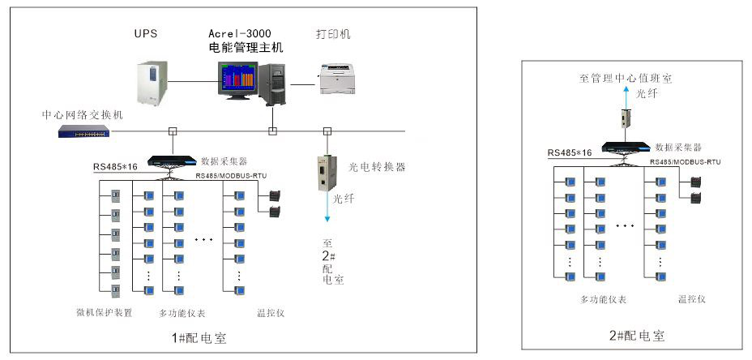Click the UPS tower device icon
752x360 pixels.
152,82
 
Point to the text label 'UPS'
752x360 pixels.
146,33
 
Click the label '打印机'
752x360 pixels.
333,34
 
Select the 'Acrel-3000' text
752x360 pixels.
240,33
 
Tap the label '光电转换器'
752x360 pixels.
377,167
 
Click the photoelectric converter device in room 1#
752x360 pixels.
328,170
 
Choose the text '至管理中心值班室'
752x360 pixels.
626,79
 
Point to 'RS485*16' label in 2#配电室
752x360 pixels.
570,152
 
